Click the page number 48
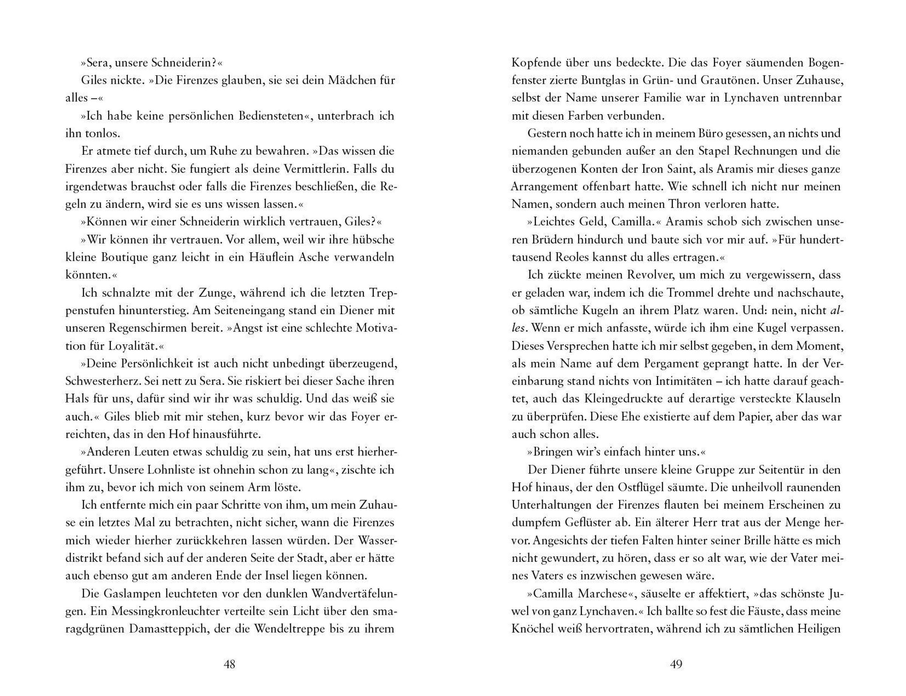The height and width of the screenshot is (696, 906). coord(230,665)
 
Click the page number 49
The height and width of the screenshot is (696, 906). coord(676,665)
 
